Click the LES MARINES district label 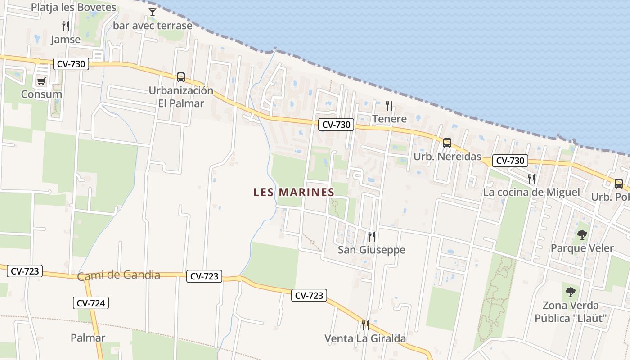click(x=294, y=192)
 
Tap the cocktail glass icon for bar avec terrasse click(x=153, y=12)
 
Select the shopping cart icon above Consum click(x=41, y=81)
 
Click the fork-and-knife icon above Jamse click(x=66, y=26)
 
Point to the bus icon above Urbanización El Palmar click(x=181, y=77)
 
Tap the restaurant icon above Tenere click(x=389, y=106)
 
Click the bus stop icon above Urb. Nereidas click(x=447, y=143)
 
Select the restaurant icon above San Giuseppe click(x=371, y=236)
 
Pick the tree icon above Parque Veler click(x=582, y=234)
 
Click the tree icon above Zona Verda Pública click(x=571, y=292)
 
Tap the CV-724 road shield click(x=91, y=303)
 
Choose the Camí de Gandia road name click(x=119, y=275)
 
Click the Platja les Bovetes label click(x=73, y=7)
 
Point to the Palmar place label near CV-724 click(x=88, y=337)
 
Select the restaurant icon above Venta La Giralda click(x=365, y=325)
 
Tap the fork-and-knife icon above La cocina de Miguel click(x=531, y=179)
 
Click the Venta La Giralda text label click(x=365, y=338)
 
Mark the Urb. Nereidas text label click(x=447, y=157)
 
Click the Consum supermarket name click(x=41, y=94)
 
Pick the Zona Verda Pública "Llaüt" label click(x=571, y=312)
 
